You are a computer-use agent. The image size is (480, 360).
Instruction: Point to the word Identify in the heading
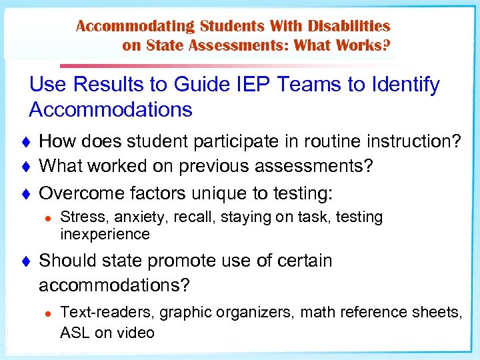pos(404,85)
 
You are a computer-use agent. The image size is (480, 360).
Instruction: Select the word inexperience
pos(105,234)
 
